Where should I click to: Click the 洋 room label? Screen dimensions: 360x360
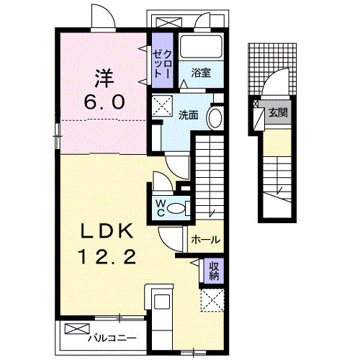coord(104,78)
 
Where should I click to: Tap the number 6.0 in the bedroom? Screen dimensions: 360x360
coord(104,102)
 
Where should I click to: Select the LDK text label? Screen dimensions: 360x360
coord(107,231)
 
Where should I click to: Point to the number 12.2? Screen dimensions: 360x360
coord(108,256)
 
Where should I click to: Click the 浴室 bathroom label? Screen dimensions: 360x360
coord(201,73)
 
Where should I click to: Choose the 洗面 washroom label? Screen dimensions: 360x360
coord(189,115)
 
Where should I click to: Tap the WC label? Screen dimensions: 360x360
coord(161,208)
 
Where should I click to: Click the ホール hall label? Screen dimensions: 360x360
coord(206,239)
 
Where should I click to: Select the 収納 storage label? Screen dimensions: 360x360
coord(214,271)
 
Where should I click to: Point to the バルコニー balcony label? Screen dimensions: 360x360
coord(112,338)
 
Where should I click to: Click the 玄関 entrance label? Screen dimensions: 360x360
coord(278,112)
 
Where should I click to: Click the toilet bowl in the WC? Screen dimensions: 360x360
coord(176,208)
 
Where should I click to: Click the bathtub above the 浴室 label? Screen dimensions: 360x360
coord(201,47)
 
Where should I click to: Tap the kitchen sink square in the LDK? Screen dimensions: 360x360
coord(162,302)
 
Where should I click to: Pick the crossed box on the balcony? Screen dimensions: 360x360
coord(77,328)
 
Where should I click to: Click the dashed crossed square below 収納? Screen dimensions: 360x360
coord(212,300)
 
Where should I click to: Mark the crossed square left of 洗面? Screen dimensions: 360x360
coord(162,106)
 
